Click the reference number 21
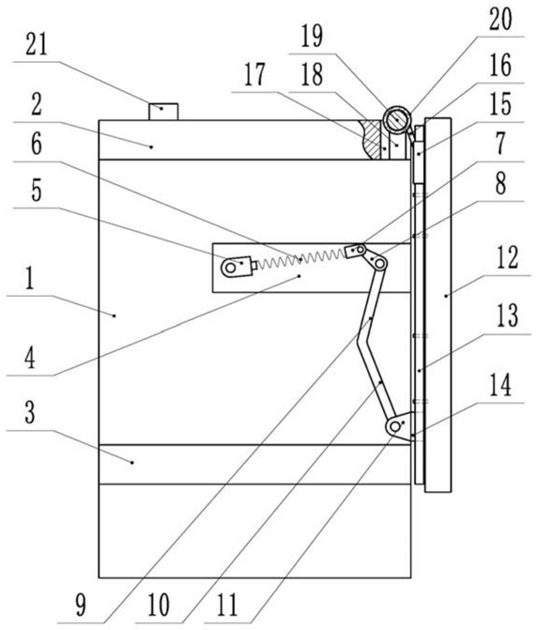37,45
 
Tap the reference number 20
500,20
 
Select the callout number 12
507,258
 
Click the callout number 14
500,385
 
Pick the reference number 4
30,359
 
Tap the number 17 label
254,75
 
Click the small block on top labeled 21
163,112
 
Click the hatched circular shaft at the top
396,119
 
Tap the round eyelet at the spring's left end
229,268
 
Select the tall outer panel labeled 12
438,305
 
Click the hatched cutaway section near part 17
370,139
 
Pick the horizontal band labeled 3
254,464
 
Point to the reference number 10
159,606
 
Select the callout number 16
500,66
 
